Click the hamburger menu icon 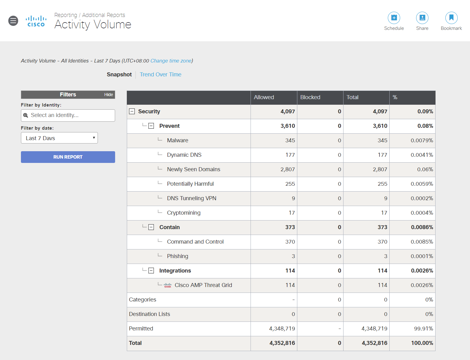(x=13, y=21)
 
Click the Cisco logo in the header (x=36, y=21)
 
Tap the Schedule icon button (x=394, y=18)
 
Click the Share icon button (x=422, y=18)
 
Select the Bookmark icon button (x=451, y=18)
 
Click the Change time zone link (x=171, y=61)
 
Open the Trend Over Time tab (x=160, y=75)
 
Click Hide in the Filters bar (x=108, y=95)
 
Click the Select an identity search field (x=68, y=115)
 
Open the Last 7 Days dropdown (x=59, y=138)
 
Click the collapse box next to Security (x=132, y=111)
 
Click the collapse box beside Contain (x=151, y=227)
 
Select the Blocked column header (x=310, y=97)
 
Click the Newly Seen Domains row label (x=193, y=169)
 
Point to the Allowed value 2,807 (x=287, y=169)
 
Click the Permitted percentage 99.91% (x=423, y=329)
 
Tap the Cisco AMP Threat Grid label (x=203, y=285)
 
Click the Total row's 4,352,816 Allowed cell (x=282, y=343)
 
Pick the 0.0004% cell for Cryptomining (x=422, y=213)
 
